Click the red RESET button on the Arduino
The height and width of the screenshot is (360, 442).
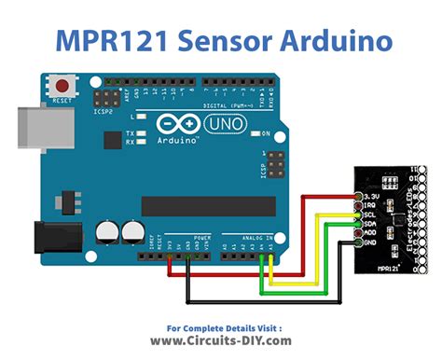point(63,84)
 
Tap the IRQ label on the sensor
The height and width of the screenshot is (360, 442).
point(371,203)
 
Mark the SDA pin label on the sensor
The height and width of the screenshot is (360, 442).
point(371,223)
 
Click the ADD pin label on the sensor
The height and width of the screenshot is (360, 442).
point(371,232)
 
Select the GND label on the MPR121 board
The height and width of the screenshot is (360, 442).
point(371,242)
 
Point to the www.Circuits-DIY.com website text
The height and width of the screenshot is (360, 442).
point(221,341)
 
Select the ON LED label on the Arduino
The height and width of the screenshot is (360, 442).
point(266,133)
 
